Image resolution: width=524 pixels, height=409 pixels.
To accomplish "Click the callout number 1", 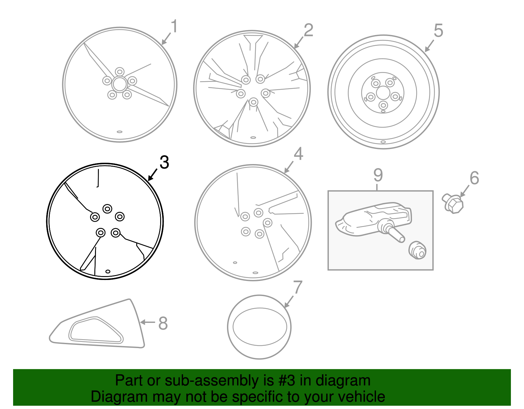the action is point(174,26).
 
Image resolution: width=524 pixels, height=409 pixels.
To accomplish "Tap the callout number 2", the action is point(309,30).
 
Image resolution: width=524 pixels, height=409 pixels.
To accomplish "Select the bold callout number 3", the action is point(164,162).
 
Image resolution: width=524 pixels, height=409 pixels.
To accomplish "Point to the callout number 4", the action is point(298,154).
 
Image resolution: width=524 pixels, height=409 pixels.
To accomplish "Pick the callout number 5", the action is point(439,30).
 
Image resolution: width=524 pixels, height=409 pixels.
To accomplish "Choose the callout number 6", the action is point(474,178).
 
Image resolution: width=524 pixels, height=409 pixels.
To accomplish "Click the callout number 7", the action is point(298,287).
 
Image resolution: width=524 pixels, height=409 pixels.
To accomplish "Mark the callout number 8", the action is point(163,323).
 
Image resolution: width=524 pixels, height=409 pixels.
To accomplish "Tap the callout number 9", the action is point(378,175).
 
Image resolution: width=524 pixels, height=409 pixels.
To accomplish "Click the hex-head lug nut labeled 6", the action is point(453,204).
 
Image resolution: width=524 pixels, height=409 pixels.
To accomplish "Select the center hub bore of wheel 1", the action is point(120,84).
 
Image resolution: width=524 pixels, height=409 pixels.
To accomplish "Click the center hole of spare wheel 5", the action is point(383,93).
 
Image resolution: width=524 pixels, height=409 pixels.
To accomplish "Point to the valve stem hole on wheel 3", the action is point(108,271).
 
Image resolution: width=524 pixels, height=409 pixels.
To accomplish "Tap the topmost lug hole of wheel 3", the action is point(107,209).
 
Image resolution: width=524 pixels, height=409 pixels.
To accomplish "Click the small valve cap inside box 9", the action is point(418,251).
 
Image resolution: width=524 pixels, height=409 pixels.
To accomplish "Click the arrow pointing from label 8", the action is point(147,322).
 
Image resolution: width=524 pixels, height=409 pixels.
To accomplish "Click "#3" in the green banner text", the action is point(287,381).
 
